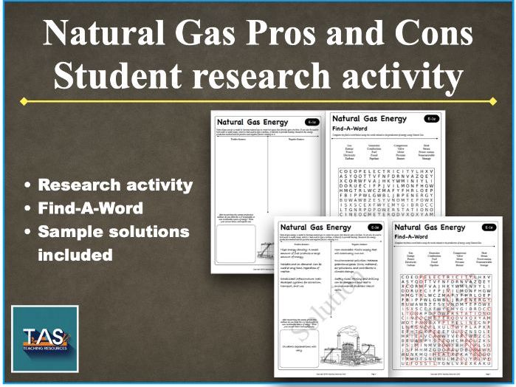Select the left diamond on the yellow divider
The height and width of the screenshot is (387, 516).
[24, 101]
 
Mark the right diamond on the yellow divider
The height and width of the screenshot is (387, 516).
[493, 101]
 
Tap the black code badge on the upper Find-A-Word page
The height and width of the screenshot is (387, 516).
[431, 119]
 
